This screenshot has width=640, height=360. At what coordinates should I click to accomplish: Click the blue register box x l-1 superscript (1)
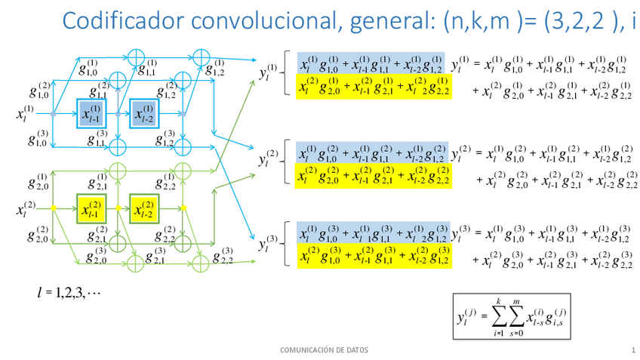tap(91, 114)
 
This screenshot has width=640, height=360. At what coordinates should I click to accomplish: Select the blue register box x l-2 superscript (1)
tap(144, 114)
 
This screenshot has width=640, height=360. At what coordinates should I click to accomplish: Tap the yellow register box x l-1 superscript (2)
tap(91, 208)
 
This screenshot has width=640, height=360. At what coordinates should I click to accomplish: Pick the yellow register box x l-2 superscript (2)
tap(144, 208)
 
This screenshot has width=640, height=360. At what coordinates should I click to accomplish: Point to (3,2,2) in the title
tap(574, 20)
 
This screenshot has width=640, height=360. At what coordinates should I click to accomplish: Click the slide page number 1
tap(633, 350)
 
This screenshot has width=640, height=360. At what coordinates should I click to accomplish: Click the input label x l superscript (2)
tap(25, 208)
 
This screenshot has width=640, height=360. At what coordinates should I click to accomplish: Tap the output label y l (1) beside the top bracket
tap(267, 72)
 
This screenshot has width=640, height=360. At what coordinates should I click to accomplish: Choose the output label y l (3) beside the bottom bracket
tap(267, 243)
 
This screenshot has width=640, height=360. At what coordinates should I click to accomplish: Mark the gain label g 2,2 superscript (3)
tap(222, 257)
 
